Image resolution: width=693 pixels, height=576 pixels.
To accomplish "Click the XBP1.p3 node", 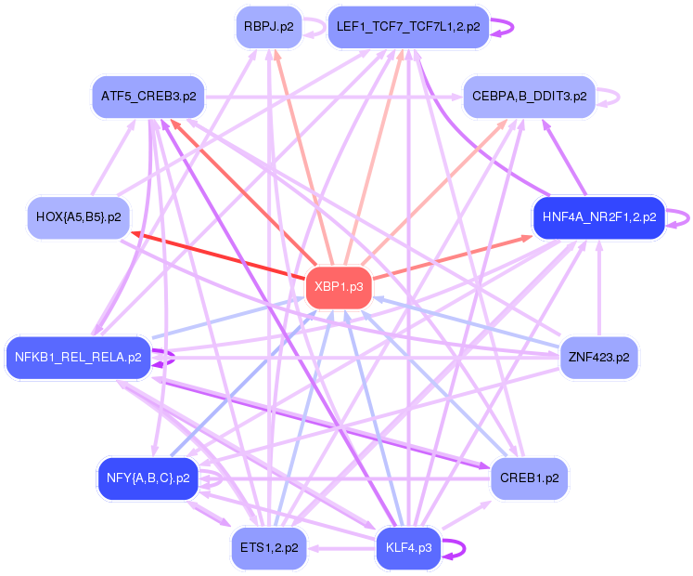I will (x=339, y=288).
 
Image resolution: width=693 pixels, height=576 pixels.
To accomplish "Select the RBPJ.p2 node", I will (x=268, y=27).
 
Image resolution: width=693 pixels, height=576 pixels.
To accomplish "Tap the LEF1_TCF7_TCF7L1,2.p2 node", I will (x=408, y=27).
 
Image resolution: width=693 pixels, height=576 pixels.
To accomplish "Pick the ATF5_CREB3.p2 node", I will (x=148, y=96).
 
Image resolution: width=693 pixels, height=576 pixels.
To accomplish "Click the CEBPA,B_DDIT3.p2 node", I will (x=529, y=96).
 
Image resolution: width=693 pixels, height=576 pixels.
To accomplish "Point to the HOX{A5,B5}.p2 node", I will (x=78, y=217).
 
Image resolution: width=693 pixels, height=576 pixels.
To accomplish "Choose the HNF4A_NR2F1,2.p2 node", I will (x=598, y=217).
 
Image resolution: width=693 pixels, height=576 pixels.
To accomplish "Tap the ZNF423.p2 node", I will (x=598, y=357).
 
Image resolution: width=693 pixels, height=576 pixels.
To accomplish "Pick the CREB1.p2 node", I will (x=529, y=478).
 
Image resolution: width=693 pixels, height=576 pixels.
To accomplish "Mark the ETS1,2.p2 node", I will (x=269, y=547).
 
